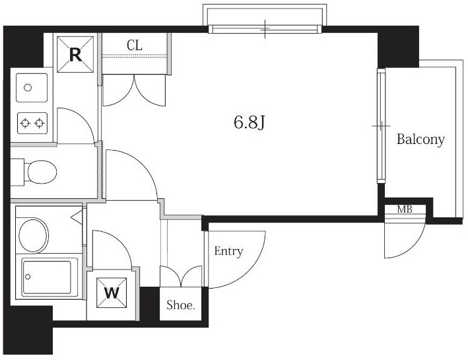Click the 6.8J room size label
click(x=250, y=122)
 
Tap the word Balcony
click(x=420, y=139)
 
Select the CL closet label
click(x=134, y=46)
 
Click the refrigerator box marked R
click(x=75, y=54)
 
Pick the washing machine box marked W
click(x=112, y=293)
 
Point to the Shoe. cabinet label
click(x=181, y=305)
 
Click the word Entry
click(x=228, y=252)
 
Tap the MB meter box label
click(x=405, y=209)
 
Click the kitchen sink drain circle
click(x=28, y=88)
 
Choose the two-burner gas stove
click(x=32, y=123)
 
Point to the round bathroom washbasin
click(x=34, y=235)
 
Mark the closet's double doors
click(x=134, y=90)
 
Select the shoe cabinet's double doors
click(x=181, y=276)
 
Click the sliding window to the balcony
click(x=381, y=126)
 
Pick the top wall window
click(x=265, y=29)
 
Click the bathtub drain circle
click(x=28, y=277)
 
